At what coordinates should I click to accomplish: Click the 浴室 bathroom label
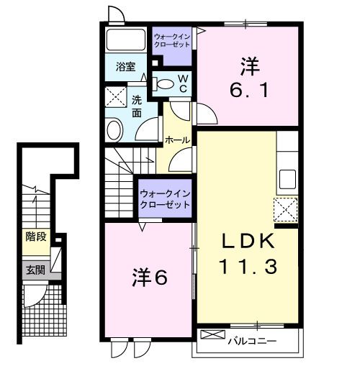(x=126, y=67)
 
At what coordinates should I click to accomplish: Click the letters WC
(x=183, y=83)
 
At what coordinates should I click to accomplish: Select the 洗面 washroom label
(x=137, y=106)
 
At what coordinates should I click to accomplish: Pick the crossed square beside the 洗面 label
(x=115, y=96)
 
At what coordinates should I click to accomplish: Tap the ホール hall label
(x=176, y=139)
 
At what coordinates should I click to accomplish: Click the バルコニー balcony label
(x=252, y=340)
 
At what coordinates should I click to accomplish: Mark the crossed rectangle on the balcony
(x=213, y=335)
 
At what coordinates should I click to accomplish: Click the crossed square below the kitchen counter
(x=287, y=210)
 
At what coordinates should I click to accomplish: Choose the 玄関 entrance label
(x=35, y=270)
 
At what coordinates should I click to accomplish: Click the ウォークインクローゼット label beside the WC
(x=171, y=39)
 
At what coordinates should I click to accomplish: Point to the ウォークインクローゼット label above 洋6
(x=165, y=199)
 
